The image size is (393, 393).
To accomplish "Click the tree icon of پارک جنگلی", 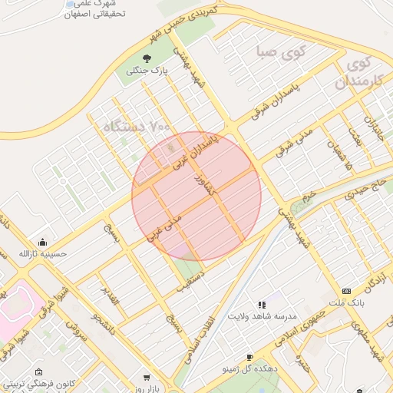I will (147, 58).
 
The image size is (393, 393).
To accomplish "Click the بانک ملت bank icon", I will (346, 292).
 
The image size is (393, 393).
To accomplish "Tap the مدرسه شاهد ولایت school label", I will (262, 315).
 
